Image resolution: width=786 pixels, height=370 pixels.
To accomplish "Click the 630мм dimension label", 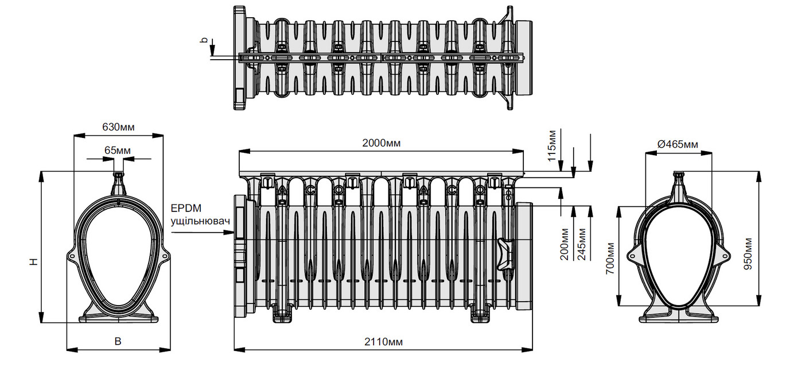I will (x=118, y=127).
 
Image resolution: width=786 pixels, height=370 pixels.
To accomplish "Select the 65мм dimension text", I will (x=118, y=151).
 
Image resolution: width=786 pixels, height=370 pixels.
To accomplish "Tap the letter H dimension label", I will (x=34, y=261).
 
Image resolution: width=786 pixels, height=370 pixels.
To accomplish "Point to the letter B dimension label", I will (x=118, y=341).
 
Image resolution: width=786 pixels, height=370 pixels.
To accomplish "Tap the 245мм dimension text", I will (x=583, y=244).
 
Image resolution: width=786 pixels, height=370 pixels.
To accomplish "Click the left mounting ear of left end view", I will (x=72, y=253).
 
